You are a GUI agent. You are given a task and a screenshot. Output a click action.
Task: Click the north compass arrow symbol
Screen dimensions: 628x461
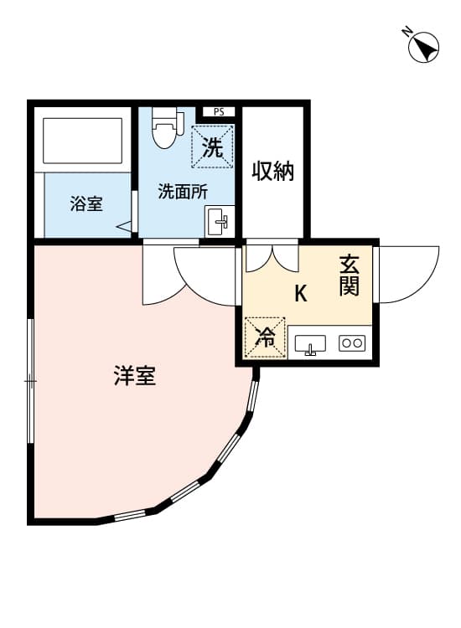[425, 48]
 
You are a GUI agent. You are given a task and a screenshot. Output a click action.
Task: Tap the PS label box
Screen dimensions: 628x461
[219, 111]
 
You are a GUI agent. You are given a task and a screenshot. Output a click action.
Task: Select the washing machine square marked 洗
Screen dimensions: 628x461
[213, 147]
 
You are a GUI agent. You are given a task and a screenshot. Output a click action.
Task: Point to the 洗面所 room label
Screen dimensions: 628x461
[184, 191]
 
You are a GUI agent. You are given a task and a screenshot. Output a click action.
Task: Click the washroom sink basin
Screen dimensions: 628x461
[220, 222]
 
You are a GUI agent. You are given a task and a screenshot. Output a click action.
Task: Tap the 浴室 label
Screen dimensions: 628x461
[86, 203]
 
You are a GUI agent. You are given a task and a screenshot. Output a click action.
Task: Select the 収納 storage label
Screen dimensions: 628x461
[273, 172]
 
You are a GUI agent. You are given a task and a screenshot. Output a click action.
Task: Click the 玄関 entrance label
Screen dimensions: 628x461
[350, 275]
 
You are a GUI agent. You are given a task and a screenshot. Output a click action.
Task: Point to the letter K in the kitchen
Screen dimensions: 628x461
[300, 294]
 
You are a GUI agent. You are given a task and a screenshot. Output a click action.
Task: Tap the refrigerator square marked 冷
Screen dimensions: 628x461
[265, 337]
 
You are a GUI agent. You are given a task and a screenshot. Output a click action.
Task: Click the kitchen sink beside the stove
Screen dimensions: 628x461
[311, 343]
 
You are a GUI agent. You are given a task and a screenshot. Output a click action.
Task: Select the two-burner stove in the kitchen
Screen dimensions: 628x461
[351, 342]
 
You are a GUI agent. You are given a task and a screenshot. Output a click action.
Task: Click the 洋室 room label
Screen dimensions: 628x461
[135, 376]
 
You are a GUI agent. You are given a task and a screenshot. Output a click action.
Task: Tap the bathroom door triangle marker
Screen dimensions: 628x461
[125, 225]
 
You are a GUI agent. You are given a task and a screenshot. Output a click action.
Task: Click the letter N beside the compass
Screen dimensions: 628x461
[406, 33]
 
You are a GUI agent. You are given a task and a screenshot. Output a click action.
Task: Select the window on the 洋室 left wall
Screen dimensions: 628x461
[31, 381]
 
